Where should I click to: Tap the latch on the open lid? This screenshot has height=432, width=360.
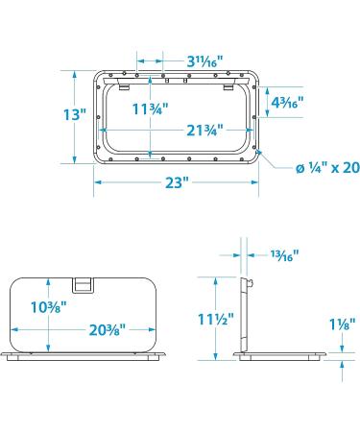[84, 284]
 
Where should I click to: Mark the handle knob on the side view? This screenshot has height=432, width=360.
[252, 284]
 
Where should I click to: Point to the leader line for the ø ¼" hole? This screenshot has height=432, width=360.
[274, 159]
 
